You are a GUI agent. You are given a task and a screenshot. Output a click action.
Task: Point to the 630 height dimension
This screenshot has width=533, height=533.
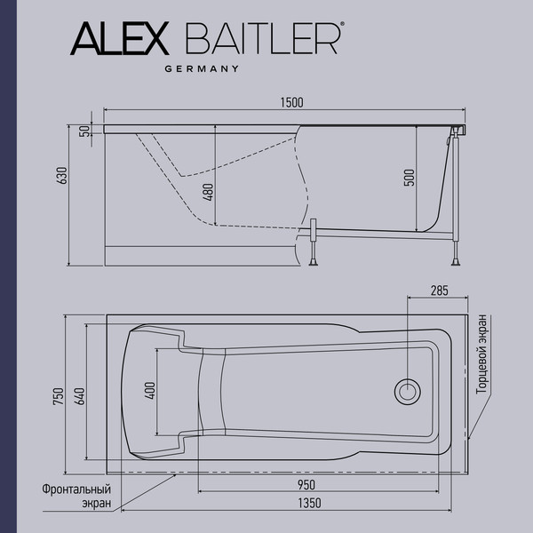point(62,174)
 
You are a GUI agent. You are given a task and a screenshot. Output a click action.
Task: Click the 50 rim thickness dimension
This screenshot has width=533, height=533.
point(84,131)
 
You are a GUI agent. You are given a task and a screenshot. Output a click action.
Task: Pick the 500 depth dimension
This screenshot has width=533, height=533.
point(409,177)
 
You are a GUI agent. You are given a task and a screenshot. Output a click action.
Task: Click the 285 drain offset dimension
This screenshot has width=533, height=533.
point(437,290)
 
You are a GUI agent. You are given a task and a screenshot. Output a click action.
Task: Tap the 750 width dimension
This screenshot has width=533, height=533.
point(58,397)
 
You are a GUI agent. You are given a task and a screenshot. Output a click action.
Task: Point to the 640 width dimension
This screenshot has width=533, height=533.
point(79,397)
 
